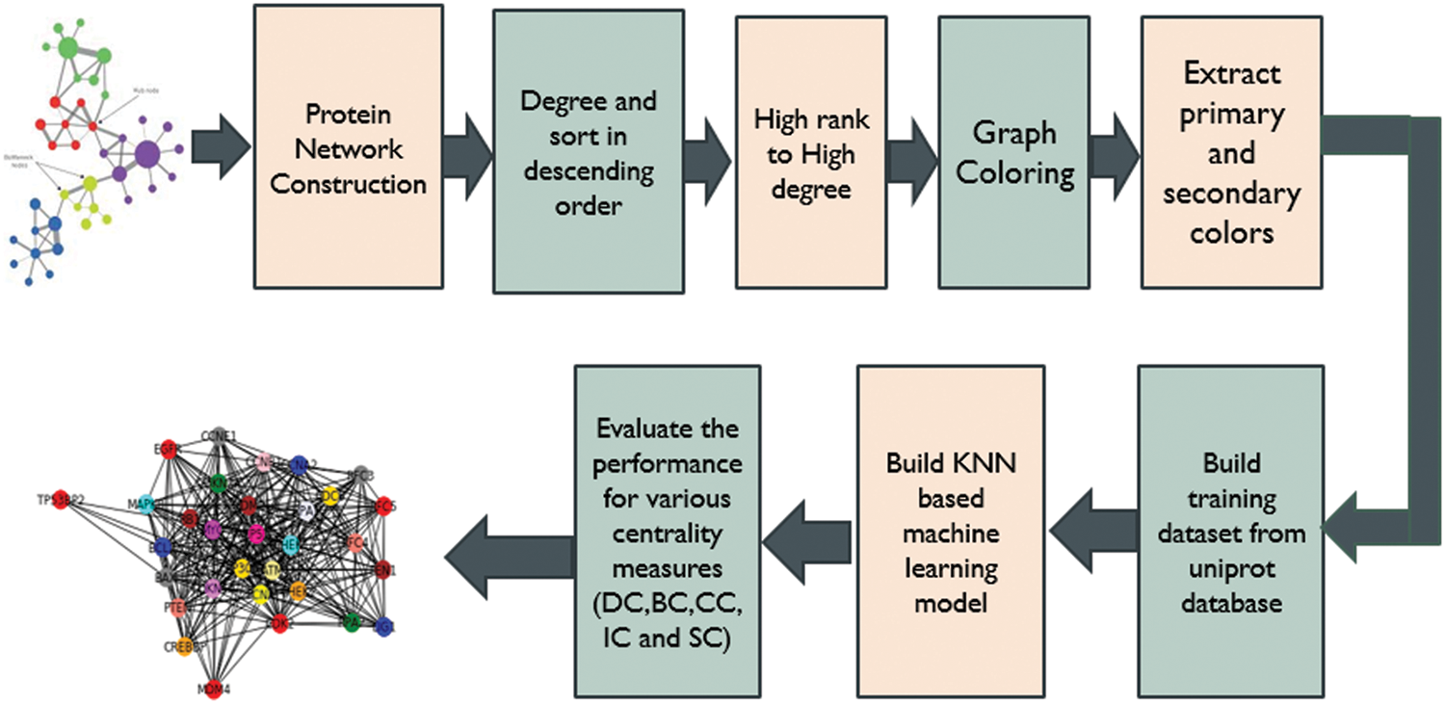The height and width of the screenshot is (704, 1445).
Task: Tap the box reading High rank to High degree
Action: pos(810,151)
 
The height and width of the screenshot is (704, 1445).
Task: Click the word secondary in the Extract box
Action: pos(1231,194)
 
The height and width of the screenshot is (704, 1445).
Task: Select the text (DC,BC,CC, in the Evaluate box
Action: pos(668,610)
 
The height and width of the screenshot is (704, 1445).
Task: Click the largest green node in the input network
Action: pos(69,46)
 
